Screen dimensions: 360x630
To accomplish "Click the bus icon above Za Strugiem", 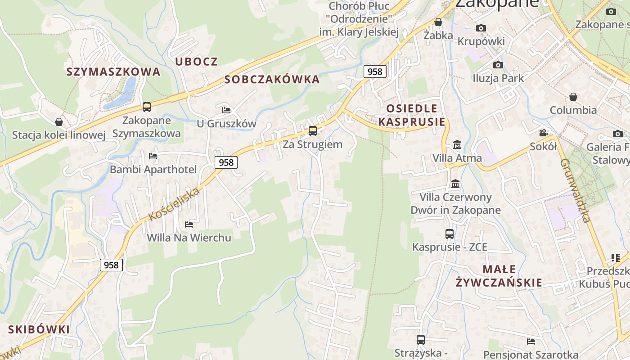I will (x=312, y=131).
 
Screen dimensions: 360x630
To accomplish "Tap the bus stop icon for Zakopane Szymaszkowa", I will (x=147, y=107).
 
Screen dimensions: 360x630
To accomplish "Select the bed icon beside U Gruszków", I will (x=226, y=110).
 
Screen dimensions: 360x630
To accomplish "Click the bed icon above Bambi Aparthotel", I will (x=153, y=156).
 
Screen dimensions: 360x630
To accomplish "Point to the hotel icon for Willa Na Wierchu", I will (x=189, y=224).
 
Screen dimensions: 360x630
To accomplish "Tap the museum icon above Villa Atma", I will (x=457, y=145).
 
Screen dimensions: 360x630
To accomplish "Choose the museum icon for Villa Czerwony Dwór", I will (x=455, y=184).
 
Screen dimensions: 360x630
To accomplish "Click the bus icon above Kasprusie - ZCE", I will (x=449, y=234).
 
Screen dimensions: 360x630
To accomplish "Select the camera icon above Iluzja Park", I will (x=498, y=65).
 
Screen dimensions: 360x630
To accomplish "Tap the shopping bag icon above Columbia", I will (x=573, y=97).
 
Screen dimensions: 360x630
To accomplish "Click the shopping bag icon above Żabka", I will (x=438, y=22).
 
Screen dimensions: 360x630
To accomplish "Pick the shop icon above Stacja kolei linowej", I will (x=58, y=122).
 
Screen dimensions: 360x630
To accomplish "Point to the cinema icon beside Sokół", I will (x=544, y=133).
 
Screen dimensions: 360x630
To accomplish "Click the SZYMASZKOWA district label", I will (x=113, y=72).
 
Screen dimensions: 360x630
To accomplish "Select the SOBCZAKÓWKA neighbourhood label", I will (x=272, y=80).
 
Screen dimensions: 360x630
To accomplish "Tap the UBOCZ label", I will (x=196, y=62).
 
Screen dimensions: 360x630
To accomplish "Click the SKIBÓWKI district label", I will (x=39, y=329).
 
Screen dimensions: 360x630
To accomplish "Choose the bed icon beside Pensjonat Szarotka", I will (x=531, y=342).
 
